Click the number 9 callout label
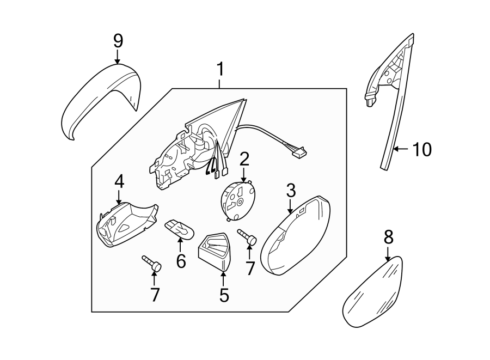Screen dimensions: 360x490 118,41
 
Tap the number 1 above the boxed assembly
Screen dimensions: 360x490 220,70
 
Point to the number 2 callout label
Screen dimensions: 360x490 244,159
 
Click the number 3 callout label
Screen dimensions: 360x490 291,191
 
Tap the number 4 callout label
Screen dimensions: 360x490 119,182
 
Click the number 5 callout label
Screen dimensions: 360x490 224,295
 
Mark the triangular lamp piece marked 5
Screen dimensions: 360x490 215,251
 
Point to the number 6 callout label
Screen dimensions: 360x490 181,261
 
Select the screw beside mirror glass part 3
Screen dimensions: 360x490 248,237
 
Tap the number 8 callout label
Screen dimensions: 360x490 388,237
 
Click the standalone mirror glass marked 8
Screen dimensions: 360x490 375,293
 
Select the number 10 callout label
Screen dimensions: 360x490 421,149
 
